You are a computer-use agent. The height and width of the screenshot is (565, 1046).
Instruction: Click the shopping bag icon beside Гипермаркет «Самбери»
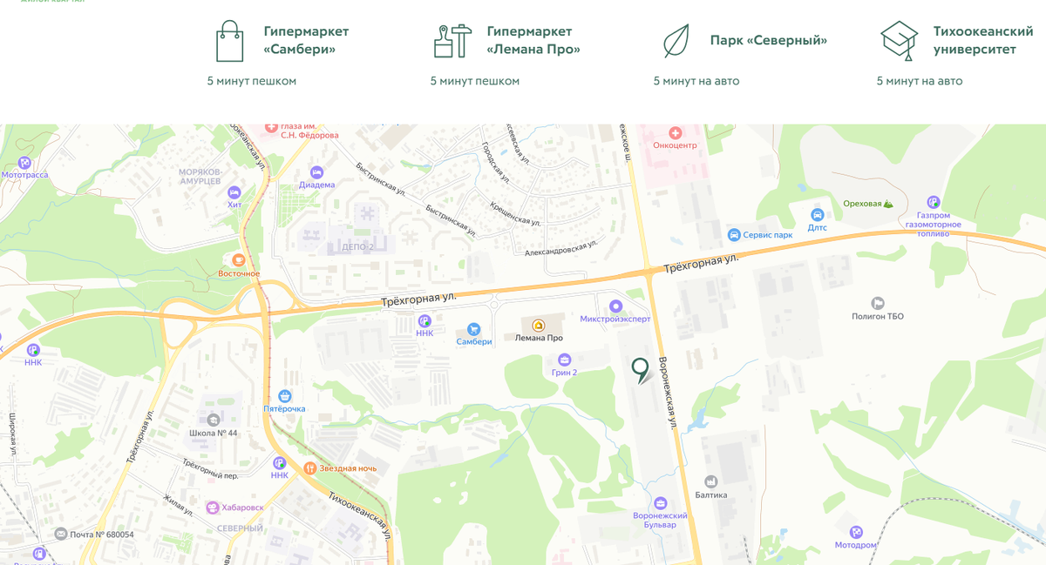(230, 41)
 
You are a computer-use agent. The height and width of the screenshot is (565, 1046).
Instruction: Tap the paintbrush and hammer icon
(452, 41)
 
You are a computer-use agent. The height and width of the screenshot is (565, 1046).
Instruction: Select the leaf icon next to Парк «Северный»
(676, 41)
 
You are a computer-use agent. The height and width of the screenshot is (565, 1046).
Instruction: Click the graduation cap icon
(899, 41)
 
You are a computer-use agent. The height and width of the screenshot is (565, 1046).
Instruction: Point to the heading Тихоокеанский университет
(982, 40)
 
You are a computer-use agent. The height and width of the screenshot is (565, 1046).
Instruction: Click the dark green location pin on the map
(641, 369)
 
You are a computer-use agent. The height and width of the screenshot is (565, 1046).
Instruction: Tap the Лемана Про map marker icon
(539, 325)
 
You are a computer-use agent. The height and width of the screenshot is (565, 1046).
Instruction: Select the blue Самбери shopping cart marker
(473, 329)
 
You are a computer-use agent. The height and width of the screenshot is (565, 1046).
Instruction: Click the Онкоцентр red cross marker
(675, 132)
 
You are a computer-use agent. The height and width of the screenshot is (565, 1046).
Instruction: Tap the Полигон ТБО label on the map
(878, 316)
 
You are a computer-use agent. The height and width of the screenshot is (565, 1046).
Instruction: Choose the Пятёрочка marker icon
(284, 396)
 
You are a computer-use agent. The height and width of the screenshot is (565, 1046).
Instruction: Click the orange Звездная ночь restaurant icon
(309, 468)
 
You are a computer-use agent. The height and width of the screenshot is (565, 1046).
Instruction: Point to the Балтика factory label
(710, 494)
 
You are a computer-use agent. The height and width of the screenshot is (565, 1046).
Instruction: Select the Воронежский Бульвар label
(660, 520)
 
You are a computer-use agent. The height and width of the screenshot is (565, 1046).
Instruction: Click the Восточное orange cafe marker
(238, 260)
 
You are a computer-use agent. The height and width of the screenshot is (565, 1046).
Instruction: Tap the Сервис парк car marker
(735, 235)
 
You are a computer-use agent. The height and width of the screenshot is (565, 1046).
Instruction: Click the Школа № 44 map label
(213, 433)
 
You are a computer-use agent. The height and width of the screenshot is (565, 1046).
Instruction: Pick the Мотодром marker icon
(856, 532)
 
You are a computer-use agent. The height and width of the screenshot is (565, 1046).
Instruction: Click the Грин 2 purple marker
(564, 360)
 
